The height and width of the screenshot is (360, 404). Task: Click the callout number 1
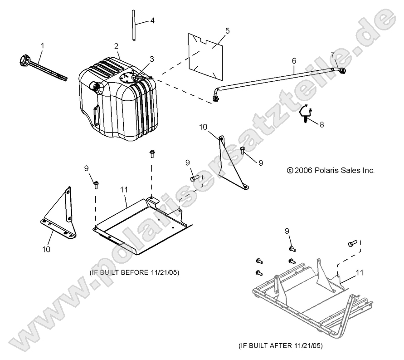coord(43,45)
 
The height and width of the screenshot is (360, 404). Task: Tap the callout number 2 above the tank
coord(117,46)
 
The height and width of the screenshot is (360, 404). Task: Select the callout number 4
coord(152,20)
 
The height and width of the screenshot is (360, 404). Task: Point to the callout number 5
coord(227,31)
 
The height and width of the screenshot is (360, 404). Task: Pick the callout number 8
coord(322,124)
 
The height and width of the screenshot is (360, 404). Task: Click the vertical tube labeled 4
coord(135,27)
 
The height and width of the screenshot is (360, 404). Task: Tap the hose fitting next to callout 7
coord(341,70)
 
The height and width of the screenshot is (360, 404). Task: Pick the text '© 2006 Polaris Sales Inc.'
coord(331,171)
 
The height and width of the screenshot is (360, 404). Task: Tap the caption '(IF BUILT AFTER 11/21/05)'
coord(280,345)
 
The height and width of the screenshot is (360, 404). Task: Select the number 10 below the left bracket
coord(46,249)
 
